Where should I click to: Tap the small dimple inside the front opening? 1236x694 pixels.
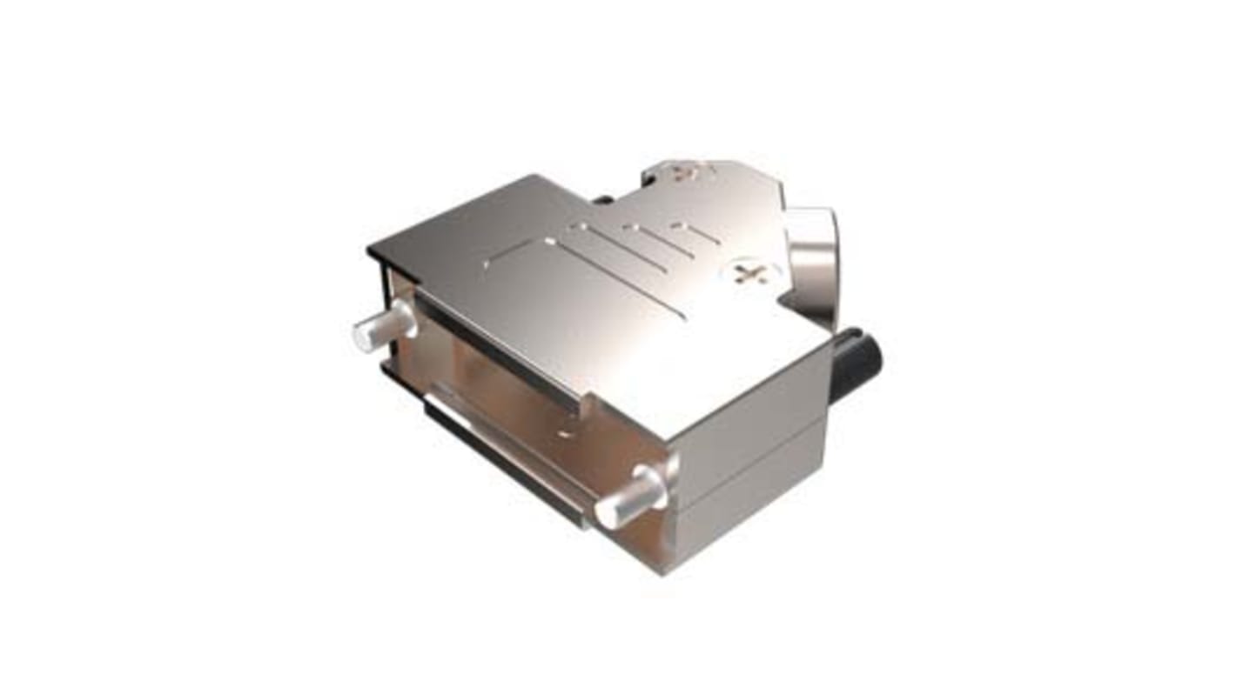pyautogui.click(x=566, y=430)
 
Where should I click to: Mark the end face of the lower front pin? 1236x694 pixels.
pyautogui.click(x=606, y=513)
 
